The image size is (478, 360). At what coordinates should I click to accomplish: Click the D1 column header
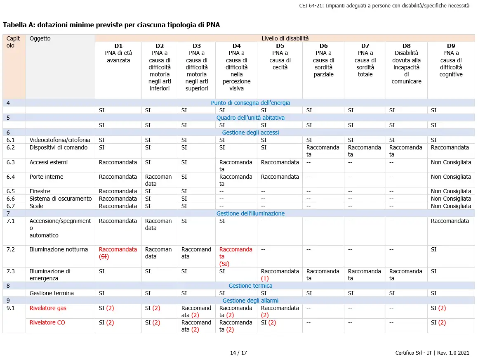(x=118, y=46)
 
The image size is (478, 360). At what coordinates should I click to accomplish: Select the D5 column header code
(x=280, y=46)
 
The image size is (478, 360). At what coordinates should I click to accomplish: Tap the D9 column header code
(x=451, y=46)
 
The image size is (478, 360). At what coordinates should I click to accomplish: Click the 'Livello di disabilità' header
(x=285, y=38)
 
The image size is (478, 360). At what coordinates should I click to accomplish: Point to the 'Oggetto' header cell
(x=40, y=38)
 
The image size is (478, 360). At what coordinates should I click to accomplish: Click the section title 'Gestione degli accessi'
(x=250, y=133)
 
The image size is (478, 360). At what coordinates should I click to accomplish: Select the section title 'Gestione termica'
(x=250, y=286)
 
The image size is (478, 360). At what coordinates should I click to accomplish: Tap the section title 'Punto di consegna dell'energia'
(x=250, y=103)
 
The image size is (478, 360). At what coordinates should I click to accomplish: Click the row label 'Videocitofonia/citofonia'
(x=60, y=140)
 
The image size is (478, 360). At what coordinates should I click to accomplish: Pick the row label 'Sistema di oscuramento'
(x=60, y=199)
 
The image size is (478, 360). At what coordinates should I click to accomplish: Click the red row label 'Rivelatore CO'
(x=47, y=322)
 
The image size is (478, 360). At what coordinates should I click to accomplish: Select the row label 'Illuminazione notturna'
(x=59, y=249)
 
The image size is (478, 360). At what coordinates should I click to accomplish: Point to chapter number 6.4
(x=11, y=177)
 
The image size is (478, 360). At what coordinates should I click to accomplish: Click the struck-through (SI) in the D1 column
(x=104, y=256)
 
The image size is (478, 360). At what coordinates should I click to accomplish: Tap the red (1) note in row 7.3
(x=265, y=279)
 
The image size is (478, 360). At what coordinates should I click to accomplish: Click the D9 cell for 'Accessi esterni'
(x=451, y=162)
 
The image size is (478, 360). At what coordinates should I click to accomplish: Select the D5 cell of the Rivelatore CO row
(x=268, y=322)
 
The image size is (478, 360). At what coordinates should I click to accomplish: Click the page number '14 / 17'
(x=238, y=353)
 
